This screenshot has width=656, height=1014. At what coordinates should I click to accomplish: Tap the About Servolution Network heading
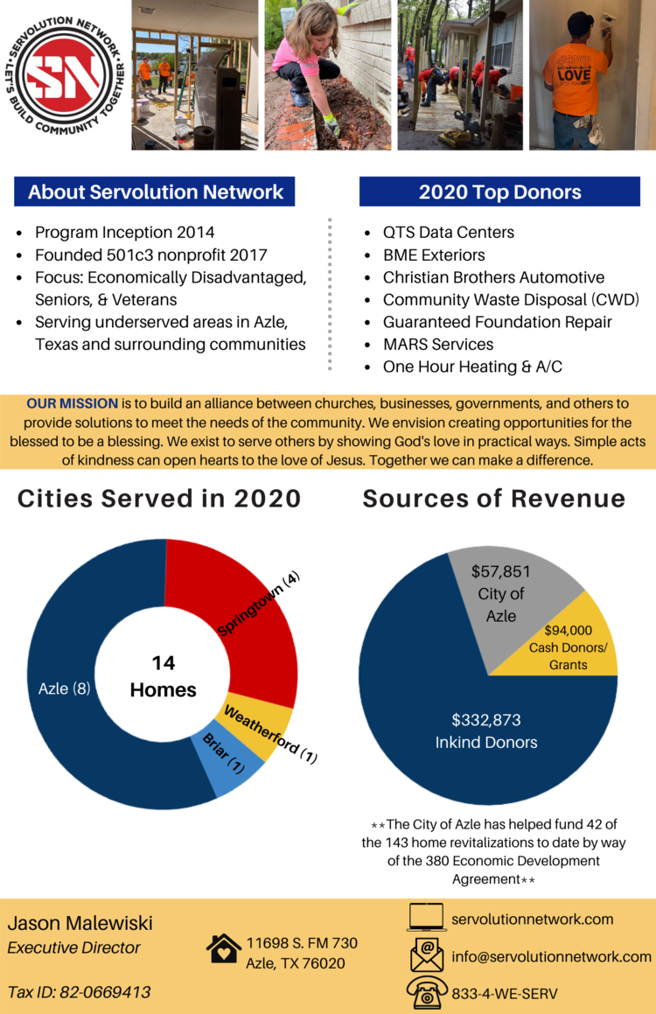click(155, 192)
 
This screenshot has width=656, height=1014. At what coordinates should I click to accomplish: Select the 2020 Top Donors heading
click(499, 192)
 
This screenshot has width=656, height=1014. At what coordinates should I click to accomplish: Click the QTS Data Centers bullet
click(448, 232)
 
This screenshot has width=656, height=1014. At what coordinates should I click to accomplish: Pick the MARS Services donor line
click(437, 344)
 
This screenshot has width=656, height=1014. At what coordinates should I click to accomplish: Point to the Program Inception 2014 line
click(124, 232)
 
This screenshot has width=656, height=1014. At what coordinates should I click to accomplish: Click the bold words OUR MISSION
click(72, 403)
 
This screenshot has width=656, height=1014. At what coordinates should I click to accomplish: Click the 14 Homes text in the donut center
click(163, 676)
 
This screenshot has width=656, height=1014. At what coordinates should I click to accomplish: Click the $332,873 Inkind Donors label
click(486, 731)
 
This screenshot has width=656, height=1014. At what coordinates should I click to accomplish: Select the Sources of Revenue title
click(494, 499)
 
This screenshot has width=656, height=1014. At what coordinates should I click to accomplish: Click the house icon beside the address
click(224, 948)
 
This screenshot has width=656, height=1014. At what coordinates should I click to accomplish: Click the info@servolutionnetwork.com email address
click(551, 956)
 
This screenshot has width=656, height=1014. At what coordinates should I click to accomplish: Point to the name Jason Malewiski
click(80, 923)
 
